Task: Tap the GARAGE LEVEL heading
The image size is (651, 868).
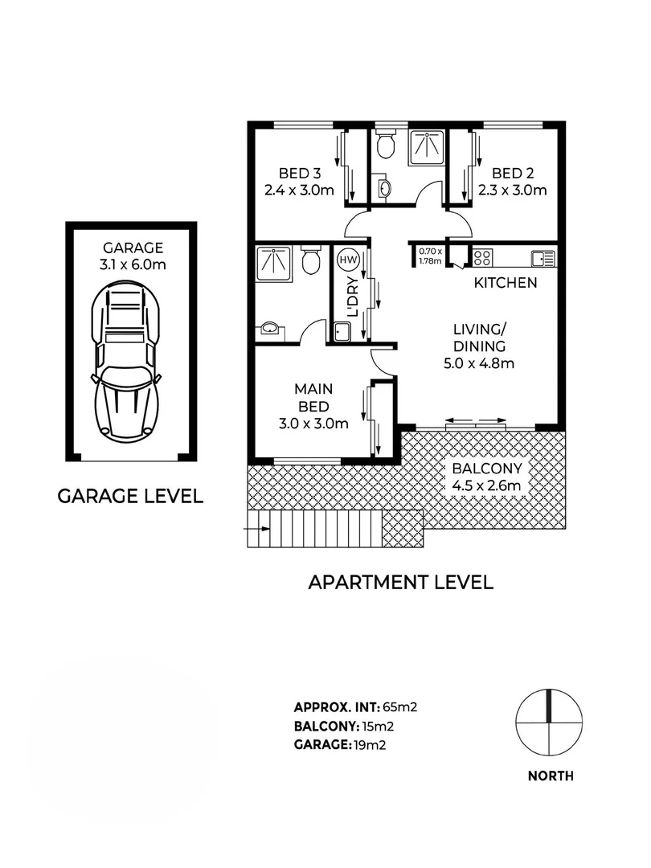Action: (130, 496)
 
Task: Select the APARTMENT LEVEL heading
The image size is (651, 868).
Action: (401, 582)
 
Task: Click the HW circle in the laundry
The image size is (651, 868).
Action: (347, 260)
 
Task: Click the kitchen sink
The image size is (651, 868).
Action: (542, 258)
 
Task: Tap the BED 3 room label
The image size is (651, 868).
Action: (300, 173)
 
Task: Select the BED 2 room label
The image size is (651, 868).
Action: (513, 173)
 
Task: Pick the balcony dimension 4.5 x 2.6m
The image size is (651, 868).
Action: (485, 485)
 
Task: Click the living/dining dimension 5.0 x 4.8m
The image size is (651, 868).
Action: (479, 363)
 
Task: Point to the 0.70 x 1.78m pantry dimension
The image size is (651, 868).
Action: (431, 255)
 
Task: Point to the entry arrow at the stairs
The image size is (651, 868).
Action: (256, 529)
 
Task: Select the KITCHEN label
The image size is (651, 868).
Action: (505, 283)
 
